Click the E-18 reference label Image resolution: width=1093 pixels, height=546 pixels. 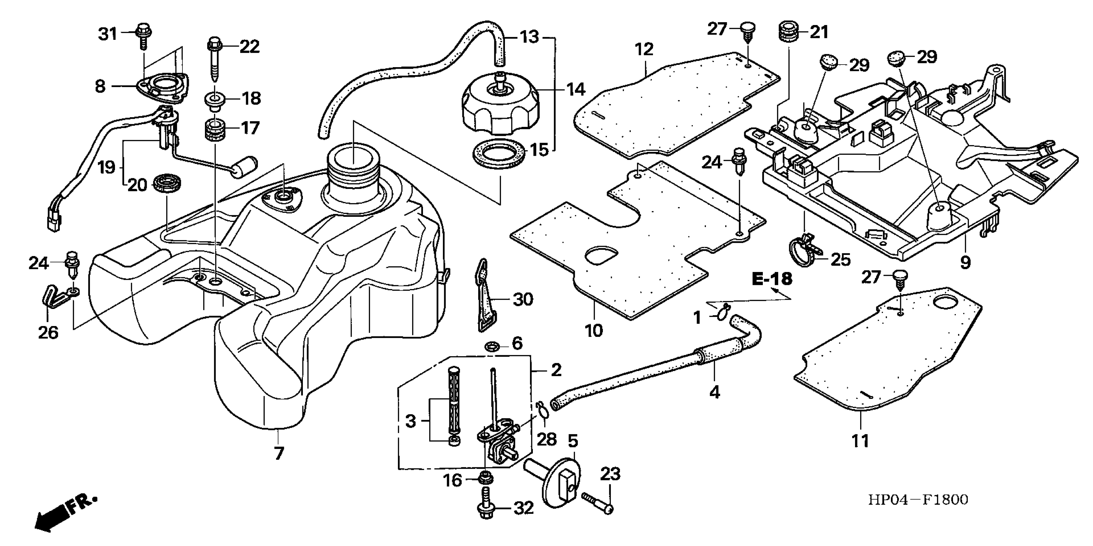click(772, 279)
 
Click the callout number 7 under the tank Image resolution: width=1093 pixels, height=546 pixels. click(278, 454)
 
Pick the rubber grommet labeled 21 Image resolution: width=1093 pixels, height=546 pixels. click(788, 32)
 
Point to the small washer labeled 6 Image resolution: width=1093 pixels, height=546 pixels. click(492, 347)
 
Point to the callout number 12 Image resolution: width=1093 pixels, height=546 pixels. click(644, 50)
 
